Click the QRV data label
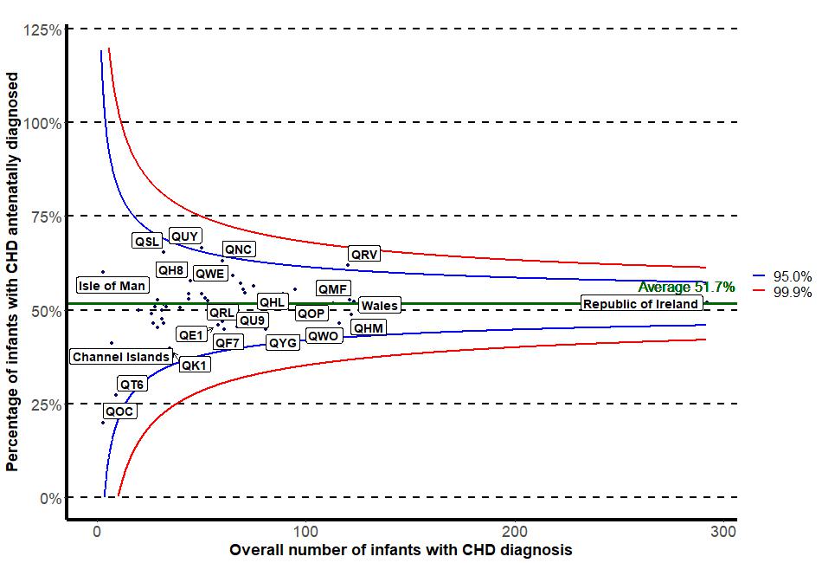click(365, 255)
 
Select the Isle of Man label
click(112, 286)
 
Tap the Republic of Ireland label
click(640, 304)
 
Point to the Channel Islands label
click(121, 357)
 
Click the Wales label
click(379, 306)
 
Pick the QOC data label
click(119, 411)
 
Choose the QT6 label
click(132, 384)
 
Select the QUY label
click(185, 236)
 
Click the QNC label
click(238, 249)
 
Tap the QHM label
click(369, 328)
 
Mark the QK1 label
click(195, 366)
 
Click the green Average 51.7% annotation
click(686, 288)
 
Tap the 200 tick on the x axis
click(515, 531)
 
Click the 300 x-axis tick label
click(723, 531)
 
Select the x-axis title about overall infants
click(401, 550)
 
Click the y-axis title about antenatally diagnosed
click(12, 272)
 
